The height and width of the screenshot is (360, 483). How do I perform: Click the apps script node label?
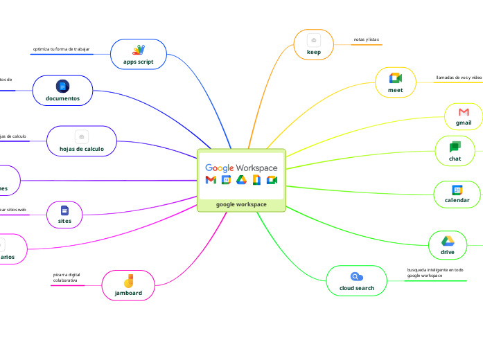tap(139, 62)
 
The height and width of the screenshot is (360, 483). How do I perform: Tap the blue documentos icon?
tap(62, 86)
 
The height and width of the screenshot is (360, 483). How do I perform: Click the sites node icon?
tap(64, 210)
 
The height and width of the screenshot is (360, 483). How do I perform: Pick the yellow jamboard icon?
tap(128, 281)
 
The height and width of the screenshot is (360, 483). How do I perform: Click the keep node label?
tap(313, 52)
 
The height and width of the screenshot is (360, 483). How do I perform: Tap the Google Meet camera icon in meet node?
tap(395, 78)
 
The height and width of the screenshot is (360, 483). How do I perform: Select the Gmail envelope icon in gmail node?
tap(464, 111)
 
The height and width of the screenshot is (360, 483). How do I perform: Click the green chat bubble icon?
tap(455, 147)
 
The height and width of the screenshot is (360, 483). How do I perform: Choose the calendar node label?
tap(457, 200)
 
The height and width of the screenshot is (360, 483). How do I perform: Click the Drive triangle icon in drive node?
tap(448, 240)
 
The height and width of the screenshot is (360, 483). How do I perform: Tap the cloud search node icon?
tap(357, 276)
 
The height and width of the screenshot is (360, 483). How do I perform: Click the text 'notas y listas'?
tap(366, 39)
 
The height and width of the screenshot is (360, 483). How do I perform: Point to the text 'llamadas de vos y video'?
tap(459, 78)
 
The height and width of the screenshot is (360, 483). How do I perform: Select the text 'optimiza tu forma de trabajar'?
tap(61, 49)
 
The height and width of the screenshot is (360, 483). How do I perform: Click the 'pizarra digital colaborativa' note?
tap(67, 278)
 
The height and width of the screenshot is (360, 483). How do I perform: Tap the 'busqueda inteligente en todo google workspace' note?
tap(435, 273)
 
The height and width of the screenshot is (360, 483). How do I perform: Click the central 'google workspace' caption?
tap(241, 204)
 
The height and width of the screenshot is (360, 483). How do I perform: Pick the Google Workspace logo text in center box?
tap(241, 168)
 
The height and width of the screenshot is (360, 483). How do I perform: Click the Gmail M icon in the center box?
tap(211, 181)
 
